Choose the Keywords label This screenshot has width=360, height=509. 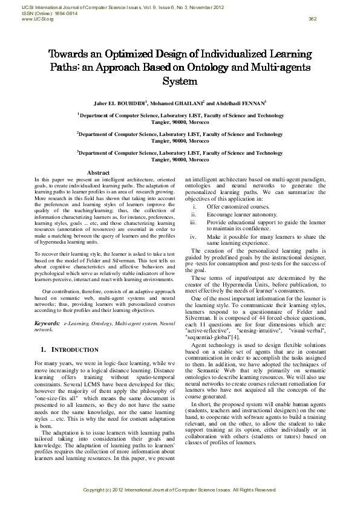click(47, 325)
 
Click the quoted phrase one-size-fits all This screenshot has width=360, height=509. click(56, 400)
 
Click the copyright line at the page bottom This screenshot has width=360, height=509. click(180, 488)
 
